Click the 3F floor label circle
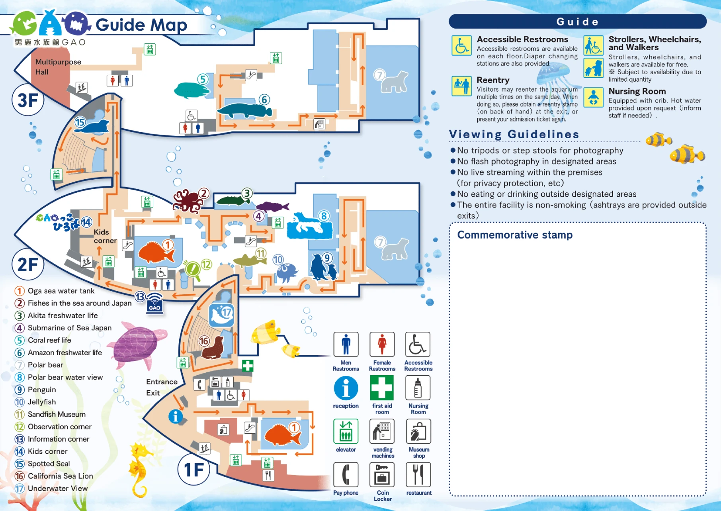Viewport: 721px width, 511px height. pyautogui.click(x=28, y=100)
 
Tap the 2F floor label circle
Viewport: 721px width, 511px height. pyautogui.click(x=28, y=264)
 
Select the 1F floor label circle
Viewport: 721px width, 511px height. pyautogui.click(x=194, y=470)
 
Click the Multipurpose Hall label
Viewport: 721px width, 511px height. pyautogui.click(x=58, y=67)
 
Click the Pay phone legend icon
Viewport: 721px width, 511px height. pyautogui.click(x=346, y=475)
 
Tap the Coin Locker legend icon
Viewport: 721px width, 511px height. pyautogui.click(x=382, y=475)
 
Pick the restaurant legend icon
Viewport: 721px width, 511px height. pyautogui.click(x=418, y=475)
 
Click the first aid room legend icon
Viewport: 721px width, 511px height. pyautogui.click(x=382, y=388)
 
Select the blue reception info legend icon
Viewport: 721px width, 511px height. pyautogui.click(x=346, y=388)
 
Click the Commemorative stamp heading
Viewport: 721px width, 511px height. pyautogui.click(x=515, y=235)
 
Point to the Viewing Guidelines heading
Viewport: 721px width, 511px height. pyautogui.click(x=514, y=134)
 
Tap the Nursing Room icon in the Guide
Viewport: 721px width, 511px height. pyautogui.click(x=593, y=98)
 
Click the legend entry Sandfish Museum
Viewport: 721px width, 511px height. pyautogui.click(x=56, y=414)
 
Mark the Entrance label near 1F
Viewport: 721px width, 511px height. pyautogui.click(x=162, y=382)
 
